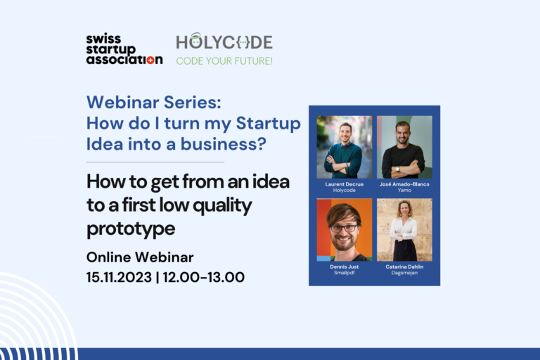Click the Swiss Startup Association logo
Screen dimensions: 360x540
[x=124, y=49]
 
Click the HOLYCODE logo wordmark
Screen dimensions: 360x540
[x=224, y=41]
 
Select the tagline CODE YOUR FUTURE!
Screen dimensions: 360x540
[x=224, y=61]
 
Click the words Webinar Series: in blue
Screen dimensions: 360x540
[x=153, y=103]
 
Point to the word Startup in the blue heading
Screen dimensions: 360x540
[x=268, y=123]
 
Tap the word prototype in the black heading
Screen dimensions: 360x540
[x=130, y=229]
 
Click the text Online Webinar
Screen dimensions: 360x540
[x=139, y=257]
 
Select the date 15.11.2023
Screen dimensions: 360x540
[x=118, y=277]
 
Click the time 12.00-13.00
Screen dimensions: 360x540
[x=203, y=277]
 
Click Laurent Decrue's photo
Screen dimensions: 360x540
[x=344, y=147]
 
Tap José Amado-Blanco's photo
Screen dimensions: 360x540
[x=404, y=147]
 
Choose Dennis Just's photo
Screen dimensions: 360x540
[x=344, y=229]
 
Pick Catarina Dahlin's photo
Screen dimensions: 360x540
[x=404, y=229]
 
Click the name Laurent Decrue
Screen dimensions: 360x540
[x=344, y=184]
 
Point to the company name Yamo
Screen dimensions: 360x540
[x=404, y=190]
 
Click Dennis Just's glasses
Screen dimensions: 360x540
[x=343, y=228]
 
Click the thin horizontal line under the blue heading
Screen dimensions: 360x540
[x=155, y=162]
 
